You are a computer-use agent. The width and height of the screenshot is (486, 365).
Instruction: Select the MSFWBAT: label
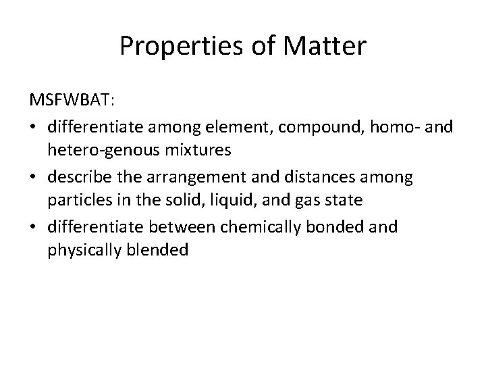click(72, 100)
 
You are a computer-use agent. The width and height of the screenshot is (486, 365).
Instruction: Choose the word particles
click(77, 201)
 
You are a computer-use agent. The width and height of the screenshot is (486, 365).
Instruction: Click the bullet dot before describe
click(34, 176)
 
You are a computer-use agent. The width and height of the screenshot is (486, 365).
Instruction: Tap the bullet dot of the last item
click(34, 226)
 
